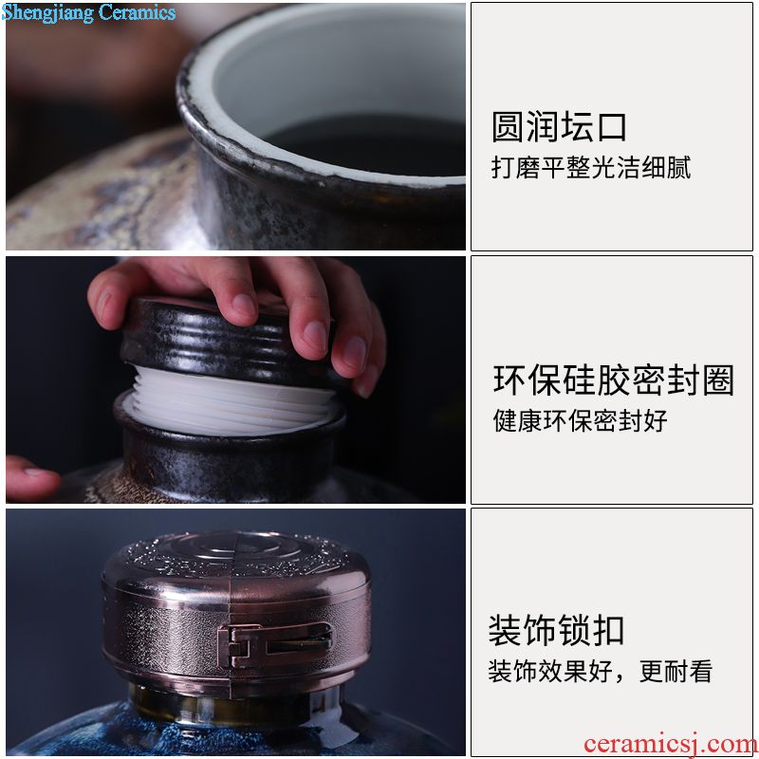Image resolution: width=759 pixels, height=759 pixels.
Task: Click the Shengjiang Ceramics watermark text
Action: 88,12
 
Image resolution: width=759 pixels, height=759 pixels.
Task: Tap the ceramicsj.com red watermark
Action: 671,744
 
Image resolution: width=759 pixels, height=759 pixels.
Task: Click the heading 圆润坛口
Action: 559,127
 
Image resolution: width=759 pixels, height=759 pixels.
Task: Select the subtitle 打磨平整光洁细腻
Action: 591,168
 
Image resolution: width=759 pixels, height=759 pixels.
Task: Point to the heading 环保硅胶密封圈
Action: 614,380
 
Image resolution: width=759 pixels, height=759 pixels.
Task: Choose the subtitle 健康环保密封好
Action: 580,420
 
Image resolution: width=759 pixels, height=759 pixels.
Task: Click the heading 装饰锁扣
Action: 556,631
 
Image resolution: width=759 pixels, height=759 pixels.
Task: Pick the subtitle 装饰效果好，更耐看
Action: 601,671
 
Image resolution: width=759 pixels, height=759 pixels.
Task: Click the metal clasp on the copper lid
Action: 274,645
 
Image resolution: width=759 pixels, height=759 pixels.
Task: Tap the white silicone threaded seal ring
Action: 231,400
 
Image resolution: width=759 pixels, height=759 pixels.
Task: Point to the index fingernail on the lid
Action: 243,305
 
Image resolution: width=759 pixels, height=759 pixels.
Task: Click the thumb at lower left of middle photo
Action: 31,478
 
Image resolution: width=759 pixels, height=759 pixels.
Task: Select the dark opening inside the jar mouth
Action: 367,144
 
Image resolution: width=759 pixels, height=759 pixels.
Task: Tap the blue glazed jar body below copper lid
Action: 232,731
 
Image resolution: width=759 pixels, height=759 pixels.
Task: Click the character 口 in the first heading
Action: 612,127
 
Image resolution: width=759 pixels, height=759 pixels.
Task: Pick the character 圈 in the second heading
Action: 718,380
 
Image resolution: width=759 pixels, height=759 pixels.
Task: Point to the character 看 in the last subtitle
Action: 701,671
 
